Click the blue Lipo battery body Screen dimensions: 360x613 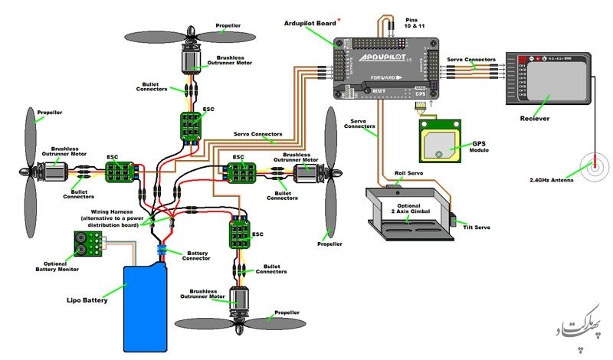click(146, 306)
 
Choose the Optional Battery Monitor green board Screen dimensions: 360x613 click(90, 245)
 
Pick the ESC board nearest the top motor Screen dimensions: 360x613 click(190, 126)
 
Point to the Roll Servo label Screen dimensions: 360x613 click(408, 175)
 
